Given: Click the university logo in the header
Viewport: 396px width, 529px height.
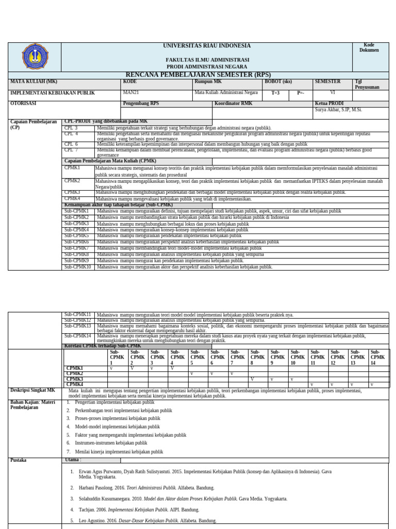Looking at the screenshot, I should click(x=35, y=57).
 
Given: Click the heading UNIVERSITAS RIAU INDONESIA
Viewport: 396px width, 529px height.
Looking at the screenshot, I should click(x=207, y=46).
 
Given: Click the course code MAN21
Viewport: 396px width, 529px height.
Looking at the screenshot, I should click(x=131, y=93).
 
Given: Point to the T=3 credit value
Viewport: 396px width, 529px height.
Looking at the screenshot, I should click(x=275, y=94).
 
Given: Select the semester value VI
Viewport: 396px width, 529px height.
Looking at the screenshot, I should click(x=333, y=93).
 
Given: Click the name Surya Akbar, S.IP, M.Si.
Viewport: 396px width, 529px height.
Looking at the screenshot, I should click(x=338, y=110).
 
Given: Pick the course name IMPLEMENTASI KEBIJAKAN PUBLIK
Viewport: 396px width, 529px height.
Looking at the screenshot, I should click(x=53, y=93).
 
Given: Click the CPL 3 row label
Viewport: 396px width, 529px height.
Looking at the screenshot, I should click(x=71, y=128).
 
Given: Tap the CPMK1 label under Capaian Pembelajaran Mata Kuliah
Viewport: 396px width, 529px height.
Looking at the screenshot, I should click(x=72, y=168).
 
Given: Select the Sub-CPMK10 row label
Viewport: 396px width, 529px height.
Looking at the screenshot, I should click(x=77, y=267).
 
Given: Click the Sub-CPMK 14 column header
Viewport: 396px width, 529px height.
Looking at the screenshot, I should click(x=378, y=357).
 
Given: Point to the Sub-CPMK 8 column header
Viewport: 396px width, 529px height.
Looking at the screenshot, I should click(x=257, y=357).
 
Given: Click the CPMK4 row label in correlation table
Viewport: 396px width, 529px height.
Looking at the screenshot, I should click(x=75, y=384).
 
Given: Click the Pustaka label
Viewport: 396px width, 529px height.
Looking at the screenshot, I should click(x=19, y=460).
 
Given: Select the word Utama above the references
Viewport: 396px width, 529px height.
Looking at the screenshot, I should click(x=73, y=460).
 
